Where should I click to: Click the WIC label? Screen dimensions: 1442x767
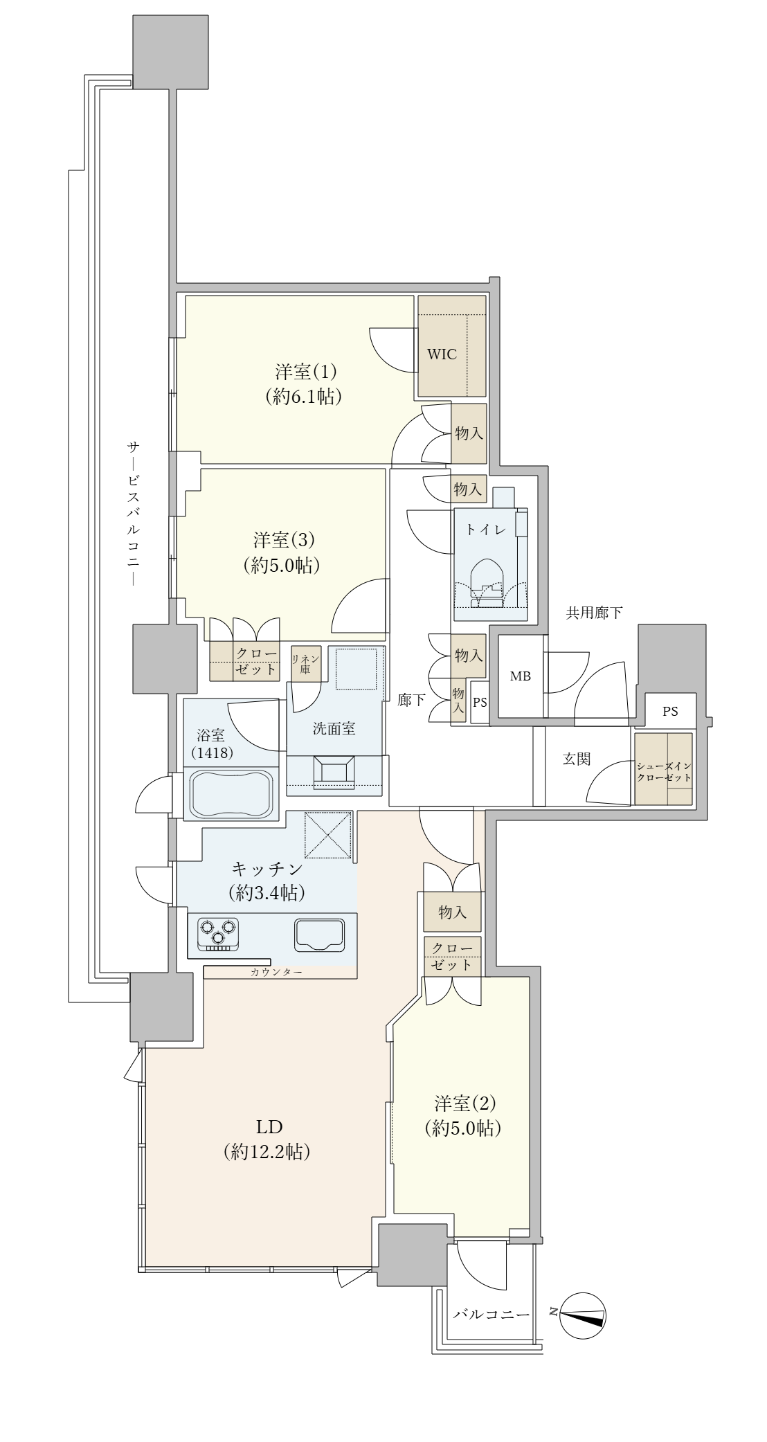442,354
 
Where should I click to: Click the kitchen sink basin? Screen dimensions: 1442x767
319,935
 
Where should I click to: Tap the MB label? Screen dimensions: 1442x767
521,676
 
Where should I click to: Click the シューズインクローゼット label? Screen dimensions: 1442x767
664,771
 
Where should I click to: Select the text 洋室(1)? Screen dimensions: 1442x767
306,372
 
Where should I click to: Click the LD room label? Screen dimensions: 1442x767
267,1124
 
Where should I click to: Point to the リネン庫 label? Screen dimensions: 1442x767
305,664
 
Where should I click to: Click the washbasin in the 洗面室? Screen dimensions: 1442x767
334,771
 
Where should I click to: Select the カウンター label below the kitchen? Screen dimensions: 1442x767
276,972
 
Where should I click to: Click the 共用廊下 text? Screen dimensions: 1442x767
594,612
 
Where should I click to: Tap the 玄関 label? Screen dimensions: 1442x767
576,759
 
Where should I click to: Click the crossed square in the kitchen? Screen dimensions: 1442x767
330,836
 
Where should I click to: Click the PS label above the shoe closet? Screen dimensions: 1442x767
669,711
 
